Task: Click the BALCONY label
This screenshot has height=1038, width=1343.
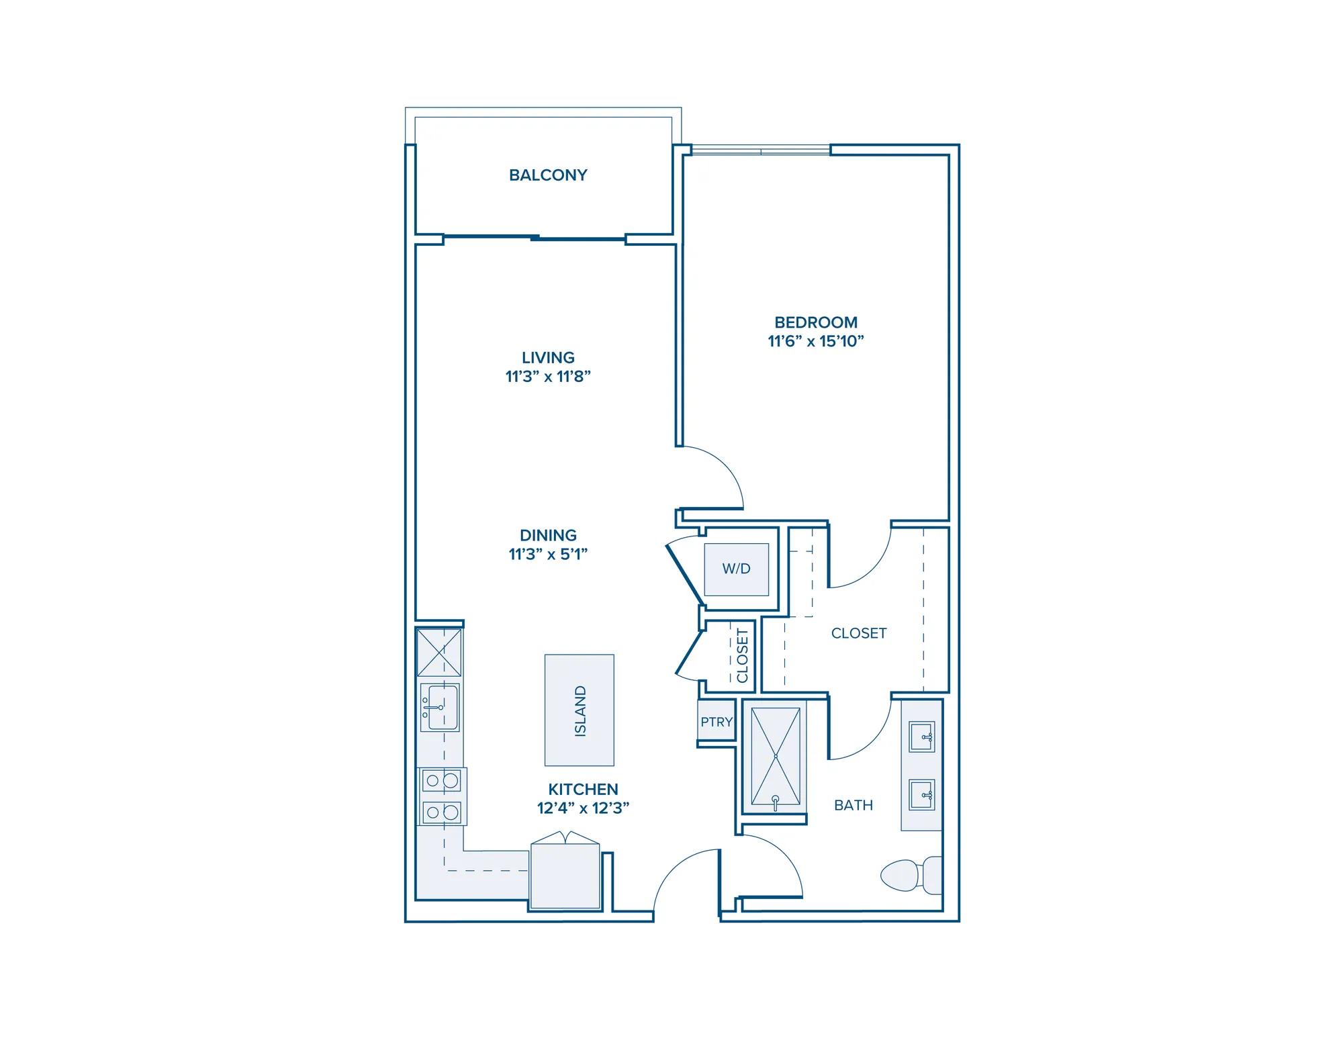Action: [548, 175]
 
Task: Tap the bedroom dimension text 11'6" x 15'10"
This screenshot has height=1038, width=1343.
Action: [816, 341]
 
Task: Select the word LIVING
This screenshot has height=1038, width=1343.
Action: [549, 358]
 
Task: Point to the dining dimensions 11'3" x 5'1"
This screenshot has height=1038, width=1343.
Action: [549, 555]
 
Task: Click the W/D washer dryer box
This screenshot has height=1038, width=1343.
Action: [737, 569]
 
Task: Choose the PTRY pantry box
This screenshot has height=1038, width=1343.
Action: [716, 722]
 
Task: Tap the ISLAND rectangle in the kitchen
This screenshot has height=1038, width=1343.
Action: [580, 710]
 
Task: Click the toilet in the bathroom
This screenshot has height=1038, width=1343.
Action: [911, 876]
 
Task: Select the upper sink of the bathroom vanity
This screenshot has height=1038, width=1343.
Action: [922, 737]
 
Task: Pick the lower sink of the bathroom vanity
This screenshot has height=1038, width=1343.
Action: [922, 795]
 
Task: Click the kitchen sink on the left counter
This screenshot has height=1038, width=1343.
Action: [440, 708]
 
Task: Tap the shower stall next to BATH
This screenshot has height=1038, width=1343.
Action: [776, 757]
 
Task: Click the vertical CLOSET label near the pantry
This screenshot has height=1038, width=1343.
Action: [742, 655]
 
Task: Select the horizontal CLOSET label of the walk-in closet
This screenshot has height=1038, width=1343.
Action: [859, 633]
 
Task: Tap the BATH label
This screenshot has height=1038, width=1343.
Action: [853, 805]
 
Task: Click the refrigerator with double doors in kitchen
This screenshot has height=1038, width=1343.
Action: [565, 871]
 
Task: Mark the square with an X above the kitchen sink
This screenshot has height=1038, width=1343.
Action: [439, 652]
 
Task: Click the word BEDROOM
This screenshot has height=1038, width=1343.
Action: [816, 322]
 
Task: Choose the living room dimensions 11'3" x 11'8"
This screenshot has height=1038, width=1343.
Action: [549, 377]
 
